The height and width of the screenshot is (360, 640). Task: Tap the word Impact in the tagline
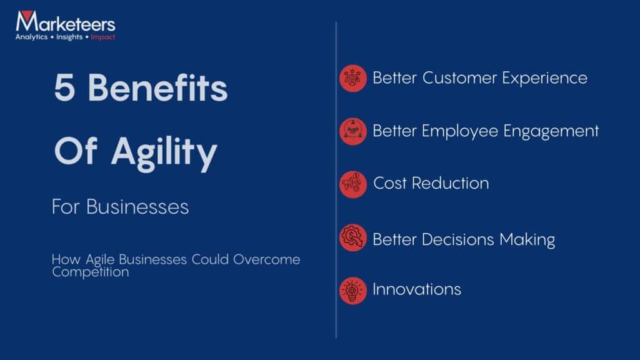[x=102, y=37]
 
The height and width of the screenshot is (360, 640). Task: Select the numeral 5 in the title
[x=65, y=88]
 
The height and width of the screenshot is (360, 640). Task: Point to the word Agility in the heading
[x=164, y=152]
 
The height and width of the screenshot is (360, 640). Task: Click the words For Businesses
[x=120, y=207]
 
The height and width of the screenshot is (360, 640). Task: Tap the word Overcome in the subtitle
[x=267, y=259]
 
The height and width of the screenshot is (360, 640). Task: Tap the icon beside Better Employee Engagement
[x=353, y=132]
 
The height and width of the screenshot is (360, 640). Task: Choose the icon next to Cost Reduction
[x=353, y=184]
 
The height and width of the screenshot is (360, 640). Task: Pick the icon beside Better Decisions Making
[x=353, y=238]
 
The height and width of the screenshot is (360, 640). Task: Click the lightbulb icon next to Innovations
[x=353, y=291]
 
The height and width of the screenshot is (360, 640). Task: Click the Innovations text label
[x=417, y=289]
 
